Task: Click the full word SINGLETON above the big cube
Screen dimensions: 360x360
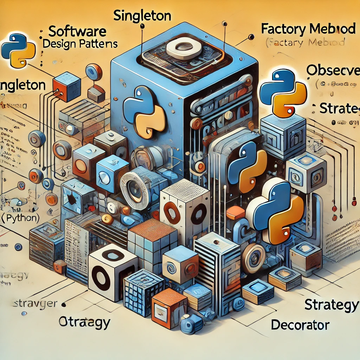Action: [142, 16]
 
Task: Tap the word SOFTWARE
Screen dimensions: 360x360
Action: [77, 32]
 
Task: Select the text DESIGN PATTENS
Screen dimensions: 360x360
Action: [80, 44]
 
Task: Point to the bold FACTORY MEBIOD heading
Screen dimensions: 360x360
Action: [308, 29]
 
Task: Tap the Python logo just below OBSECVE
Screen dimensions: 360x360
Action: [283, 92]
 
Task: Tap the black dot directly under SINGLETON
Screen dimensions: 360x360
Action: [142, 26]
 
